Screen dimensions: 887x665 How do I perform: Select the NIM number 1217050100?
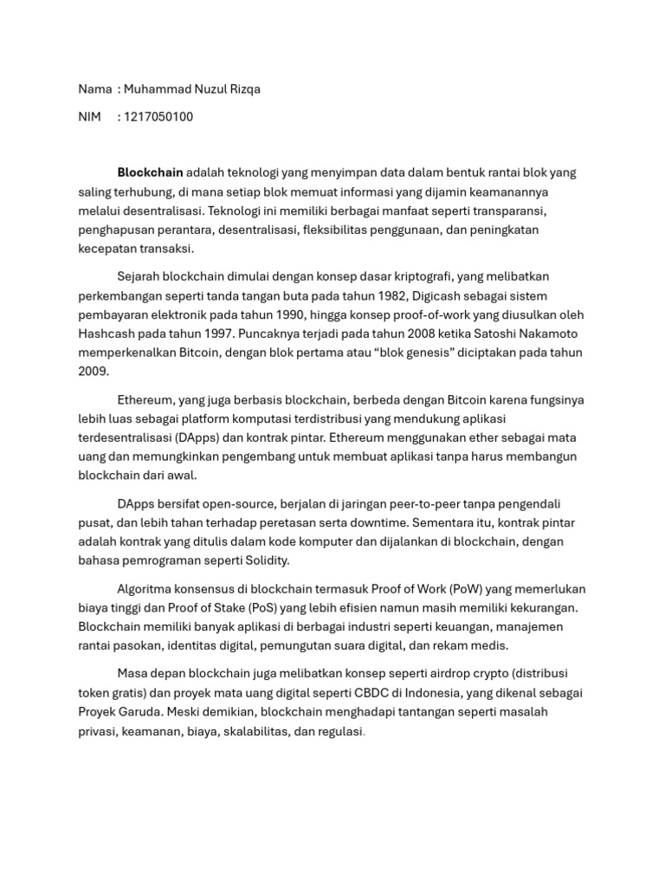click(x=159, y=117)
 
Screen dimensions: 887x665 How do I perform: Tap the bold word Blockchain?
click(x=150, y=172)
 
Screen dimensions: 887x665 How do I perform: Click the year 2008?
click(x=402, y=333)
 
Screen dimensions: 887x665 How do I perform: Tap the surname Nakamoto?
click(x=543, y=333)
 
